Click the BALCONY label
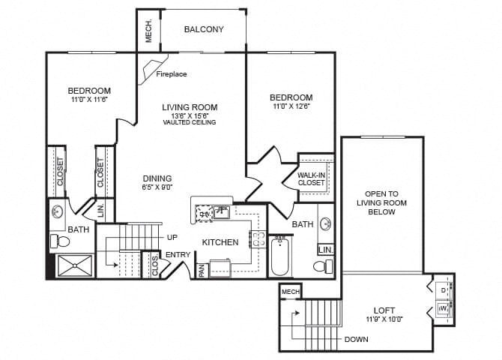204,30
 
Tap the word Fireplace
172,74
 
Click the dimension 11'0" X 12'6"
291,107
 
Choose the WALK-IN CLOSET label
311,178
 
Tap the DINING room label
157,178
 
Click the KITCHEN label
220,242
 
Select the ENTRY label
178,255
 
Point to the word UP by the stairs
172,237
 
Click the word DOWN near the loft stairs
356,339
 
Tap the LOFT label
384,310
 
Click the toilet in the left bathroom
61,241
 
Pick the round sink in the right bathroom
325,223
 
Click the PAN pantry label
202,270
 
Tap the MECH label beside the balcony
148,30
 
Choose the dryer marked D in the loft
442,289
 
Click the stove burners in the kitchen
255,239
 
